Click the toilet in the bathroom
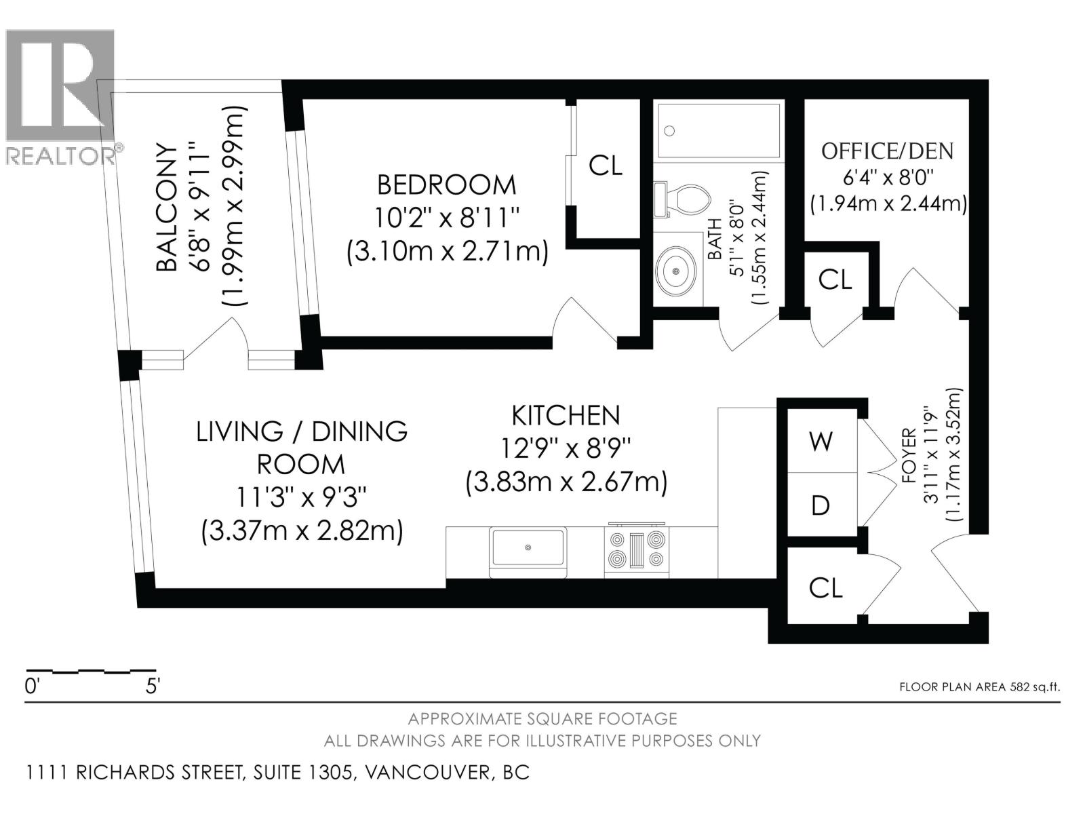click(x=685, y=198)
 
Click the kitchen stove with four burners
click(x=637, y=549)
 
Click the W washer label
click(x=821, y=442)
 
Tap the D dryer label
click(x=821, y=505)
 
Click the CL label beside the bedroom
click(x=606, y=165)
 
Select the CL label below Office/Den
click(x=835, y=279)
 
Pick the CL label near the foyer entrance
click(x=825, y=588)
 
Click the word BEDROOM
click(x=446, y=185)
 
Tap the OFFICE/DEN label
click(x=887, y=151)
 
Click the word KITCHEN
click(x=566, y=415)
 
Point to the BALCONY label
click(x=167, y=207)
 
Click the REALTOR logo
click(x=60, y=95)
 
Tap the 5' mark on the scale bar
click(x=153, y=686)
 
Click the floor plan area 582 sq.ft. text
click(x=979, y=686)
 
